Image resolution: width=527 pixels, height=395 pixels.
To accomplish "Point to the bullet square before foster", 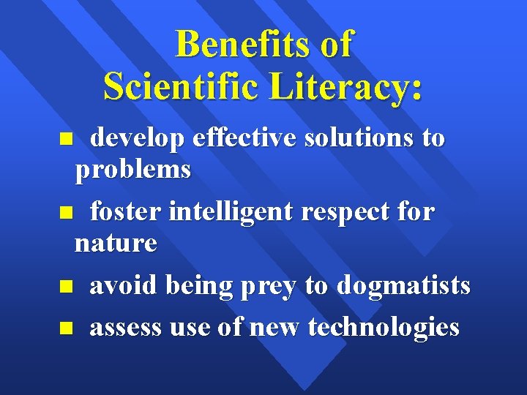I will pos(64,213).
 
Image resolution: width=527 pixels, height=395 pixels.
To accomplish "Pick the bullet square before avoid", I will pos(64,287).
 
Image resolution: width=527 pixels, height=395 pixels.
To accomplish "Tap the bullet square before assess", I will pos(64,328).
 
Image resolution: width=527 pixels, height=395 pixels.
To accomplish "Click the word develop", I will pos(136,138).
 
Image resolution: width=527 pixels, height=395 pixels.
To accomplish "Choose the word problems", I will pos(132,170).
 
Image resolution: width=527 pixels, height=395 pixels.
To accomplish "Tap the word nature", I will pos(116,243).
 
